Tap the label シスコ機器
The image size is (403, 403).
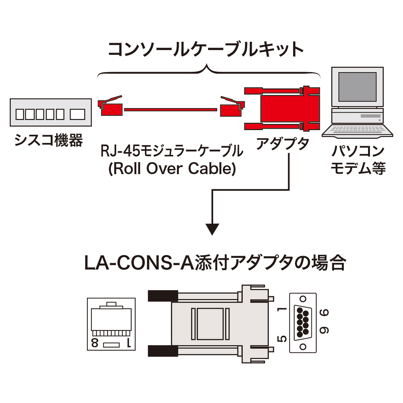tap(49, 140)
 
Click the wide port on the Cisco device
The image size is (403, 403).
tap(77, 114)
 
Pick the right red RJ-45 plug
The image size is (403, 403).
tap(231, 107)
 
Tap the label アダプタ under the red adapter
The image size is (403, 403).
tap(282, 145)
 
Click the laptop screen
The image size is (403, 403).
tap(357, 87)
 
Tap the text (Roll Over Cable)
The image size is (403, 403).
tap(172, 169)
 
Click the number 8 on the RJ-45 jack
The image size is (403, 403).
tap(94, 343)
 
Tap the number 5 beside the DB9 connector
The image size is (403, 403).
tap(282, 339)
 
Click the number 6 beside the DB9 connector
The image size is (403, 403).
tap(324, 313)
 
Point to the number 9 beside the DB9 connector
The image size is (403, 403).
tap(324, 330)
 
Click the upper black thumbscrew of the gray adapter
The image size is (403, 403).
tap(162, 296)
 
